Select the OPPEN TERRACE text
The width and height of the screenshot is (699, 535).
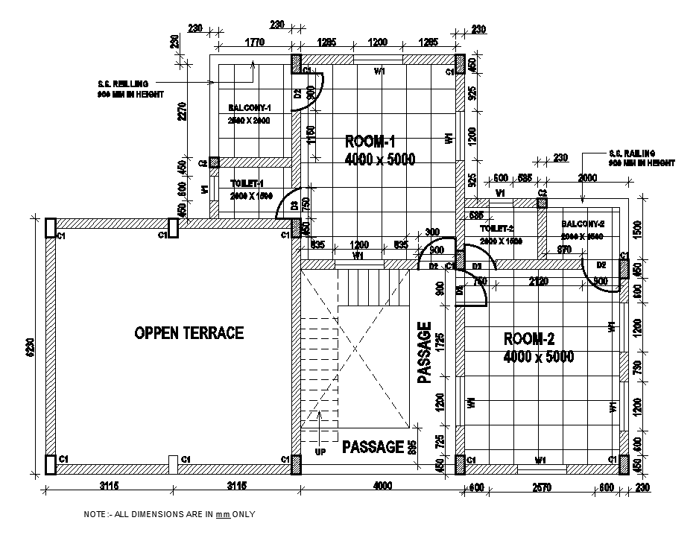(189, 333)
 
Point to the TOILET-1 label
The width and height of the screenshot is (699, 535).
(247, 183)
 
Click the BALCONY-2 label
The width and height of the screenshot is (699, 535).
(582, 224)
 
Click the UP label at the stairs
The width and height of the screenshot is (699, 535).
(319, 452)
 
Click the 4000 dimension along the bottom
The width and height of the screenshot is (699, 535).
(382, 487)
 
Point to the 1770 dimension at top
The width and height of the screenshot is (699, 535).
(254, 42)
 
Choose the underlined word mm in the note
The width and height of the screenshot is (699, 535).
(222, 514)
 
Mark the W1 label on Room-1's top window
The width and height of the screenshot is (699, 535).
(379, 72)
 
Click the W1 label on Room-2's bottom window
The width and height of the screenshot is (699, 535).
(540, 460)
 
